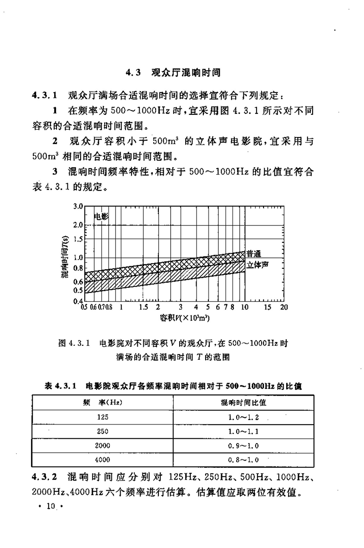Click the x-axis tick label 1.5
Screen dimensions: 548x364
click(143, 307)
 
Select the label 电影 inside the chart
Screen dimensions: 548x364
click(101, 217)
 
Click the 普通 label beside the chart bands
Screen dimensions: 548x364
click(255, 254)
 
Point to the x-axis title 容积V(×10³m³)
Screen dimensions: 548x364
click(184, 317)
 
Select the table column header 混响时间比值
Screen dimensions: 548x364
click(243, 402)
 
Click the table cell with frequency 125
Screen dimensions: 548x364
click(103, 416)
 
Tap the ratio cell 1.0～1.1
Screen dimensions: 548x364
click(243, 431)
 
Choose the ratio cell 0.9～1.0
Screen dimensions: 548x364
click(243, 445)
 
